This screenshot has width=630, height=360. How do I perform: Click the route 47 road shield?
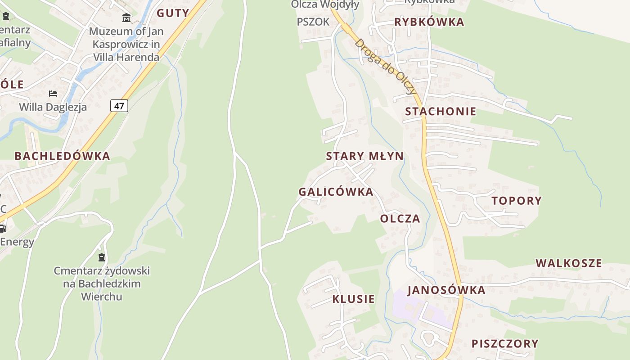click(119, 106)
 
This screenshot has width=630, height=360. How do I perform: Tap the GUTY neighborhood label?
click(173, 13)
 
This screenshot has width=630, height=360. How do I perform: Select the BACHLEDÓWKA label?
click(62, 156)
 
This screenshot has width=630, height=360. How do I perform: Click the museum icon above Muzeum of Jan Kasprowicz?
click(126, 18)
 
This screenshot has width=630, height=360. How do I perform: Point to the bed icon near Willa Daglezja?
click(53, 94)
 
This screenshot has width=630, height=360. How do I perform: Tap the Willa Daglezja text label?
click(53, 107)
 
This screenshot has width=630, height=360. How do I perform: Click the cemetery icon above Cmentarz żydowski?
click(102, 257)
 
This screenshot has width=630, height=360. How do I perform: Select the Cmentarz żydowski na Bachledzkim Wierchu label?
click(102, 283)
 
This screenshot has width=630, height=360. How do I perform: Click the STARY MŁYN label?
click(364, 156)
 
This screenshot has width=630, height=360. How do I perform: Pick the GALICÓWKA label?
click(336, 192)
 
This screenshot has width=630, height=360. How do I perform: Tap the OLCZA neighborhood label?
click(400, 219)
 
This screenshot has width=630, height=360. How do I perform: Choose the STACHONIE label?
click(441, 112)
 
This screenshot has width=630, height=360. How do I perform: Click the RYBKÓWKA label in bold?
click(429, 22)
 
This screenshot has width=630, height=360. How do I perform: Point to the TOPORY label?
click(517, 201)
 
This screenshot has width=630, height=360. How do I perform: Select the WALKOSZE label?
click(568, 263)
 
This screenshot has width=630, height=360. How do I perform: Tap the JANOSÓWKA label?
click(446, 290)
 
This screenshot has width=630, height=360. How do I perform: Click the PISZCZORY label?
click(505, 344)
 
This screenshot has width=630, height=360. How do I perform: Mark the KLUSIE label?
click(353, 299)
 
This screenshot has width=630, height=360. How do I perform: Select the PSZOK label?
click(313, 22)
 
